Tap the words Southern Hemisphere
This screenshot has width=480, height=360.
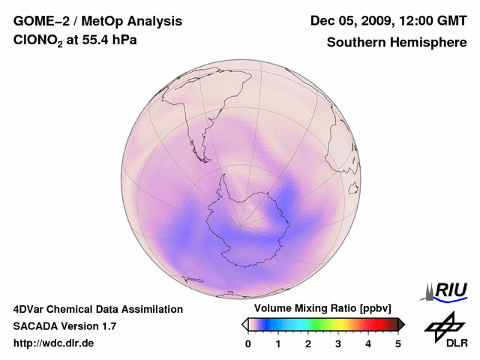pyautogui.click(x=397, y=43)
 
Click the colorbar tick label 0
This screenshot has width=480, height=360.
pyautogui.click(x=248, y=343)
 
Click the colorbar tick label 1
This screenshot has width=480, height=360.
pyautogui.click(x=278, y=343)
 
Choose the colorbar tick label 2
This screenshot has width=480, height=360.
pyautogui.click(x=308, y=343)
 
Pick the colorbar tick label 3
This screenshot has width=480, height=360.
pyautogui.click(x=338, y=343)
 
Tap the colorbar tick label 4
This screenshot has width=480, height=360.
pyautogui.click(x=368, y=343)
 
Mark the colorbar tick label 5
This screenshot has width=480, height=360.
pyautogui.click(x=398, y=343)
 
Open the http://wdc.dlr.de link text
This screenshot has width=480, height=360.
pyautogui.click(x=54, y=344)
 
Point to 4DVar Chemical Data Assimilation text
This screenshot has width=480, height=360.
pyautogui.click(x=97, y=309)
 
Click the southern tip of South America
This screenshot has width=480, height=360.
pyautogui.click(x=203, y=159)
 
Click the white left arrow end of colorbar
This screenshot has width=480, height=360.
pyautogui.click(x=244, y=324)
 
